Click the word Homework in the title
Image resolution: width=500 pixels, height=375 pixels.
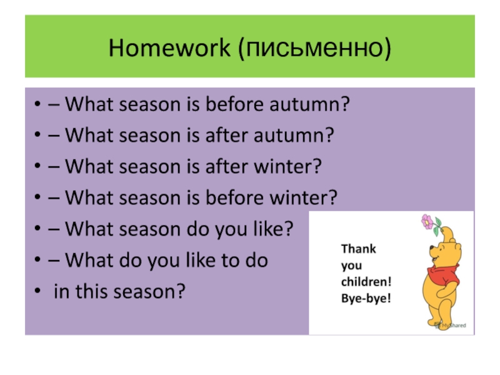click(x=169, y=48)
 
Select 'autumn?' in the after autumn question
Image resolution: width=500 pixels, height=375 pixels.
click(x=294, y=135)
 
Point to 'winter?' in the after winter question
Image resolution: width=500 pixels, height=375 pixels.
click(x=287, y=166)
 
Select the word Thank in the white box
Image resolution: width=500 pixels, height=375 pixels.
click(x=358, y=249)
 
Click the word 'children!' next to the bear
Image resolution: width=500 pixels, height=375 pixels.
click(x=366, y=282)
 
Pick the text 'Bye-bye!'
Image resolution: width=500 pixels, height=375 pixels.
click(x=366, y=299)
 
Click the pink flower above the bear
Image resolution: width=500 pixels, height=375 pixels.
click(x=427, y=222)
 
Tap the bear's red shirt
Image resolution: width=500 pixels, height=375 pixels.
click(x=443, y=274)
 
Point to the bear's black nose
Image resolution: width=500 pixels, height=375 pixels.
click(x=431, y=247)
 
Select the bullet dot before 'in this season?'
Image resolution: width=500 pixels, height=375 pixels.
click(x=37, y=291)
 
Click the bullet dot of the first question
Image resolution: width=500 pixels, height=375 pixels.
click(x=37, y=104)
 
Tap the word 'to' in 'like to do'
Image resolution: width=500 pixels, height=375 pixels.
click(x=231, y=260)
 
